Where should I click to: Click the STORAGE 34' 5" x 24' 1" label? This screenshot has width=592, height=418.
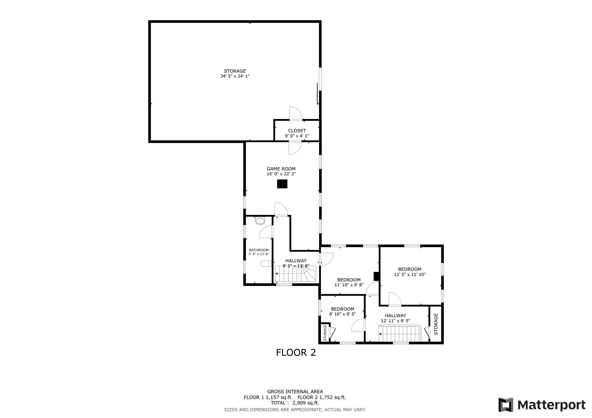(235, 73)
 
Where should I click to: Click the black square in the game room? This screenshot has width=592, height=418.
(282, 184)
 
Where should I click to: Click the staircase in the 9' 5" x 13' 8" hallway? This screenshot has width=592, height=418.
(295, 274)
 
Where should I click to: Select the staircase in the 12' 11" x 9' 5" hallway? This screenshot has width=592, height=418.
(400, 333)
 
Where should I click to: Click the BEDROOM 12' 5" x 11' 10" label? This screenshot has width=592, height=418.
(409, 272)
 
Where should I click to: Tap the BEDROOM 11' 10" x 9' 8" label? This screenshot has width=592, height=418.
(349, 282)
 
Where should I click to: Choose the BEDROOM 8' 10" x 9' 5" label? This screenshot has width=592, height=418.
(342, 311)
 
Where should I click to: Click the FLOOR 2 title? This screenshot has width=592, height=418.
(296, 352)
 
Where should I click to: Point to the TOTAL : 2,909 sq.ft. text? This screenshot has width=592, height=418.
(295, 403)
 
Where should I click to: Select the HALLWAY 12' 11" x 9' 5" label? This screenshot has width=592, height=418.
(395, 318)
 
